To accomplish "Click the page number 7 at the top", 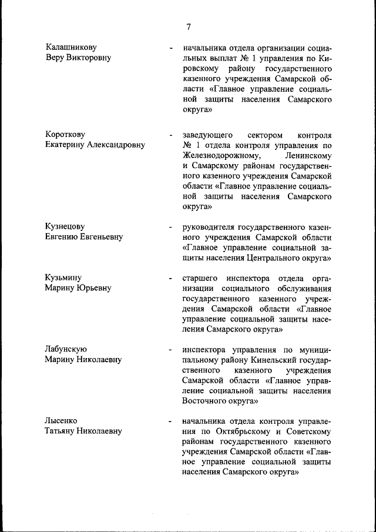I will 189,26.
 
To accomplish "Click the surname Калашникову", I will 71,46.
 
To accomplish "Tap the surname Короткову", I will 65,135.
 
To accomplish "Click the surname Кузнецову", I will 65,226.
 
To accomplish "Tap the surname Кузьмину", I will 63,277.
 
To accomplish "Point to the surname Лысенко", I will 61,421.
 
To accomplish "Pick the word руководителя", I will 208,226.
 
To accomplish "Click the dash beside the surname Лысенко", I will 170,421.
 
